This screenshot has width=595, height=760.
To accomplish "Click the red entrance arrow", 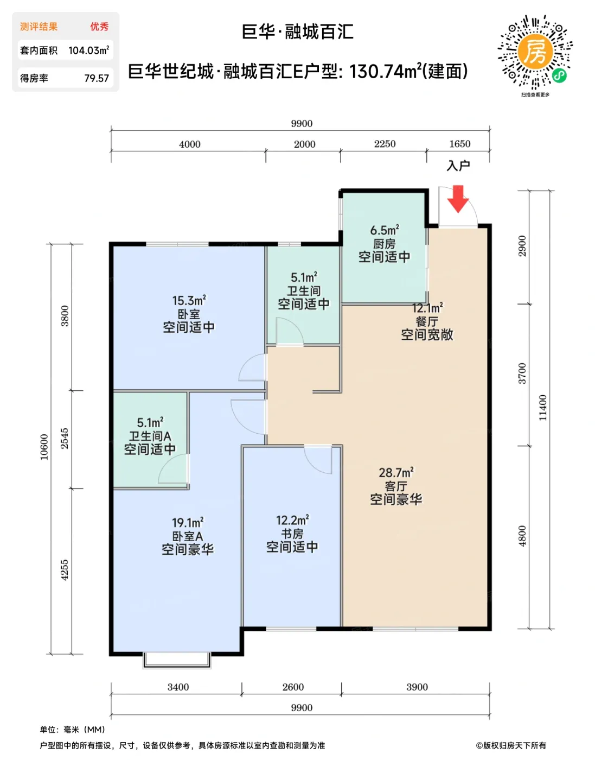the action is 458,199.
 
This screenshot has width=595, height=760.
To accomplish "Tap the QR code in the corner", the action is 535,51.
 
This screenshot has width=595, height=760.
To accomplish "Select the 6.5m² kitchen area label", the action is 385,231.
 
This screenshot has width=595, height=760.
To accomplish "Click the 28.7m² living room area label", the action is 396,473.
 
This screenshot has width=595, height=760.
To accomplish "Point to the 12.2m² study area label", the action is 292,521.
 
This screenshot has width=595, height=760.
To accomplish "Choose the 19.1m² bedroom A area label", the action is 188,523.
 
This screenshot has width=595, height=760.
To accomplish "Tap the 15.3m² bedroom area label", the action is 189,300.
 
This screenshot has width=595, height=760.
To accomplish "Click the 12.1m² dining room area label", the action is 427,308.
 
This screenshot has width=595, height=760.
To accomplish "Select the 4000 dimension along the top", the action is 190,144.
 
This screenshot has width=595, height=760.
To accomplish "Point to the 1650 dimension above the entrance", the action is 460,144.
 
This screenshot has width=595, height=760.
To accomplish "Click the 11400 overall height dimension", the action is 542,408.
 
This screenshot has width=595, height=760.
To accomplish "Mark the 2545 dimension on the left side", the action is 65,438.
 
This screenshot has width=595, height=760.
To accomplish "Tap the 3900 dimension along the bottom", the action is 417,687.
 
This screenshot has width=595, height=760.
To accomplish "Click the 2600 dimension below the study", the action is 293,687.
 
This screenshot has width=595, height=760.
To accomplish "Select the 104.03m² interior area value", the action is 89,50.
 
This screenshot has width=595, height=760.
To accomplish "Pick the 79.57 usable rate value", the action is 97,78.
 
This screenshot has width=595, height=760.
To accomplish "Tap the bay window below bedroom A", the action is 177,660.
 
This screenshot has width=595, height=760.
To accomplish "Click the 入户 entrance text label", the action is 458,166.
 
